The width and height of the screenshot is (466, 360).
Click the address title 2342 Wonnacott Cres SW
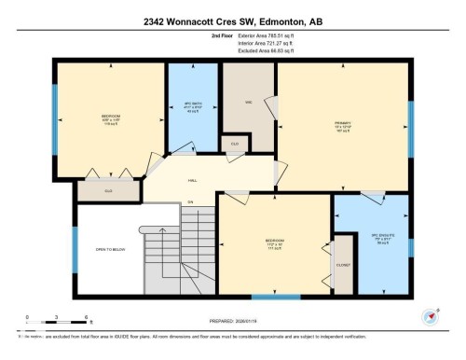pos(233,20)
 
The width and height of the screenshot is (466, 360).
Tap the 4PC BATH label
pos(192,104)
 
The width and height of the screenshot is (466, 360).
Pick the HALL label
pos(192,180)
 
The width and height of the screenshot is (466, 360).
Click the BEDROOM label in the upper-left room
pos(111,118)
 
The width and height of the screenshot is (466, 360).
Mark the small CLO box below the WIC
pos(231,145)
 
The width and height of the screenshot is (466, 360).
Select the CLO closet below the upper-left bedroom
pos(109,189)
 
